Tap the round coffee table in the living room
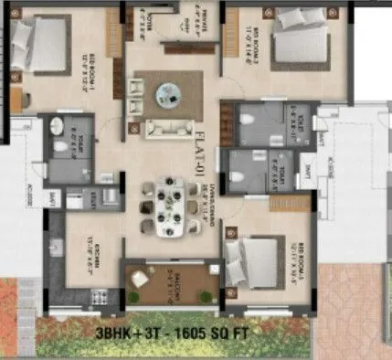pyautogui.click(x=169, y=91)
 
